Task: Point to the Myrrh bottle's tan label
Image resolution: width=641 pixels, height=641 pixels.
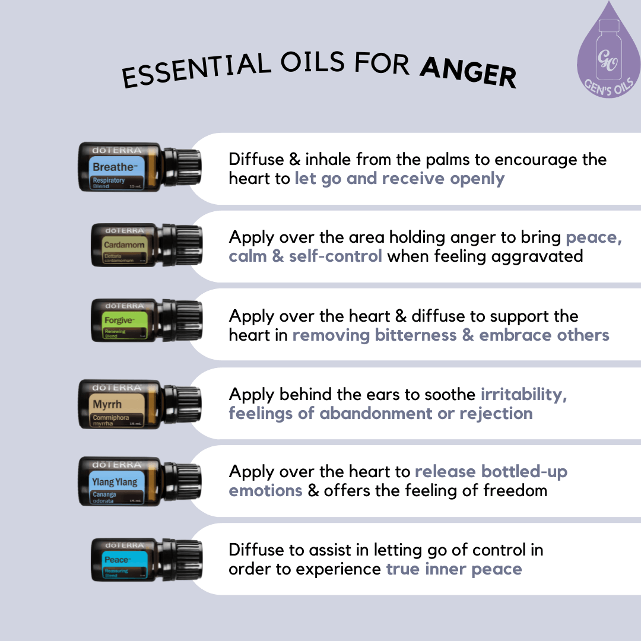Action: coord(118,410)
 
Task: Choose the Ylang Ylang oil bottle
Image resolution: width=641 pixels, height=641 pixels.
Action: coord(139,481)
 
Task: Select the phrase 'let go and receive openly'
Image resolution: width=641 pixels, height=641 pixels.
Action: coord(399,179)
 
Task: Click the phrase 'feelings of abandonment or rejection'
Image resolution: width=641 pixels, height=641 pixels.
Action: coord(380,413)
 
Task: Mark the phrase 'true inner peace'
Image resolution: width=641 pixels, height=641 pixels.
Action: coord(454,569)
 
